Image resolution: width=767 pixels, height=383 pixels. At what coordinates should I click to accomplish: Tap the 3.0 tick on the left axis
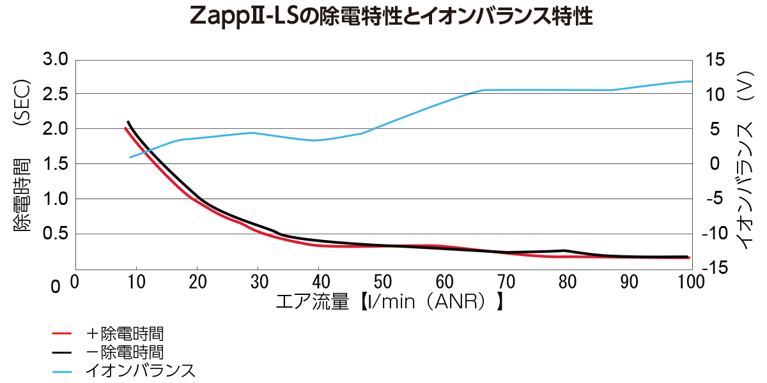coord(55,60)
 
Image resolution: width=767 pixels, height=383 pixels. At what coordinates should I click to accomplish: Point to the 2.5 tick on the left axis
coord(55,94)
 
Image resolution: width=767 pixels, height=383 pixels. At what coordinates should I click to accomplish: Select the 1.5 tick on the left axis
coord(55,164)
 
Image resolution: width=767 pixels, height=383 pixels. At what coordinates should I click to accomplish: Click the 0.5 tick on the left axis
coord(55,234)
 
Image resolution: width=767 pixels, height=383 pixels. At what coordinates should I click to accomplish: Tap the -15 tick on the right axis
coord(713,269)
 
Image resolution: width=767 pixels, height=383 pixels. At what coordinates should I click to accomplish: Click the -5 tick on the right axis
coord(713,199)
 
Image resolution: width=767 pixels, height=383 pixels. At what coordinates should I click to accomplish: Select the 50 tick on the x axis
coord(382,282)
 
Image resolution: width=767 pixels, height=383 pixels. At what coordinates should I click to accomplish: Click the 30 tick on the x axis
coord(259,282)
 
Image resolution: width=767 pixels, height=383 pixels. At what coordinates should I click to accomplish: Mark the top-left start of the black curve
coord(128,122)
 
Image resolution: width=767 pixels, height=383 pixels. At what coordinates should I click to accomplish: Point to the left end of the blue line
coord(130,157)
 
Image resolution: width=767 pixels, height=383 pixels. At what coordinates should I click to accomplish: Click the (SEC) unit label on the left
coord(23,102)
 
